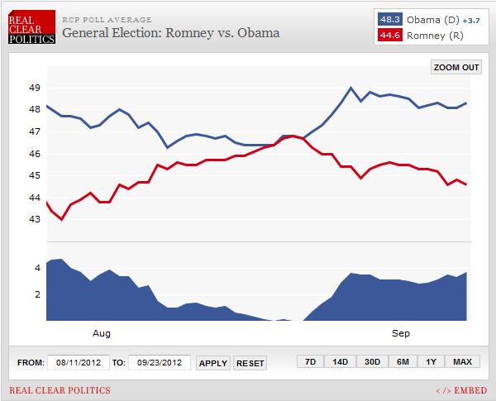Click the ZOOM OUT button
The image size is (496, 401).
pyautogui.click(x=455, y=68)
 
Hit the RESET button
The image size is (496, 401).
pyautogui.click(x=250, y=363)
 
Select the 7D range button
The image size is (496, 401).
pyautogui.click(x=310, y=361)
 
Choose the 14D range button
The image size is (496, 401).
pyautogui.click(x=341, y=361)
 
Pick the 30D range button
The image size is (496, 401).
pyautogui.click(x=371, y=361)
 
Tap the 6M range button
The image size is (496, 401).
pyautogui.click(x=402, y=361)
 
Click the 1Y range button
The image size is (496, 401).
pyautogui.click(x=432, y=361)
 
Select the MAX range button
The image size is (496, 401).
pyautogui.click(x=462, y=361)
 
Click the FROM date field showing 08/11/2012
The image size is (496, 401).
pyautogui.click(x=78, y=362)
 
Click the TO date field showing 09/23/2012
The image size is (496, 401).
pyautogui.click(x=160, y=362)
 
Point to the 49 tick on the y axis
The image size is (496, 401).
pyautogui.click(x=35, y=88)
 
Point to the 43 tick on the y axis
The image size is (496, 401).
pyautogui.click(x=35, y=219)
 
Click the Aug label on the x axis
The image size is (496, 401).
pyautogui.click(x=101, y=333)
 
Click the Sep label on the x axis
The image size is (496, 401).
pyautogui.click(x=400, y=333)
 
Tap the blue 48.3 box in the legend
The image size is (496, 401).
pyautogui.click(x=388, y=18)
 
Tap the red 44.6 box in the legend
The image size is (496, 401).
pyautogui.click(x=388, y=34)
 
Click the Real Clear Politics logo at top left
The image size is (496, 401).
pyautogui.click(x=32, y=26)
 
